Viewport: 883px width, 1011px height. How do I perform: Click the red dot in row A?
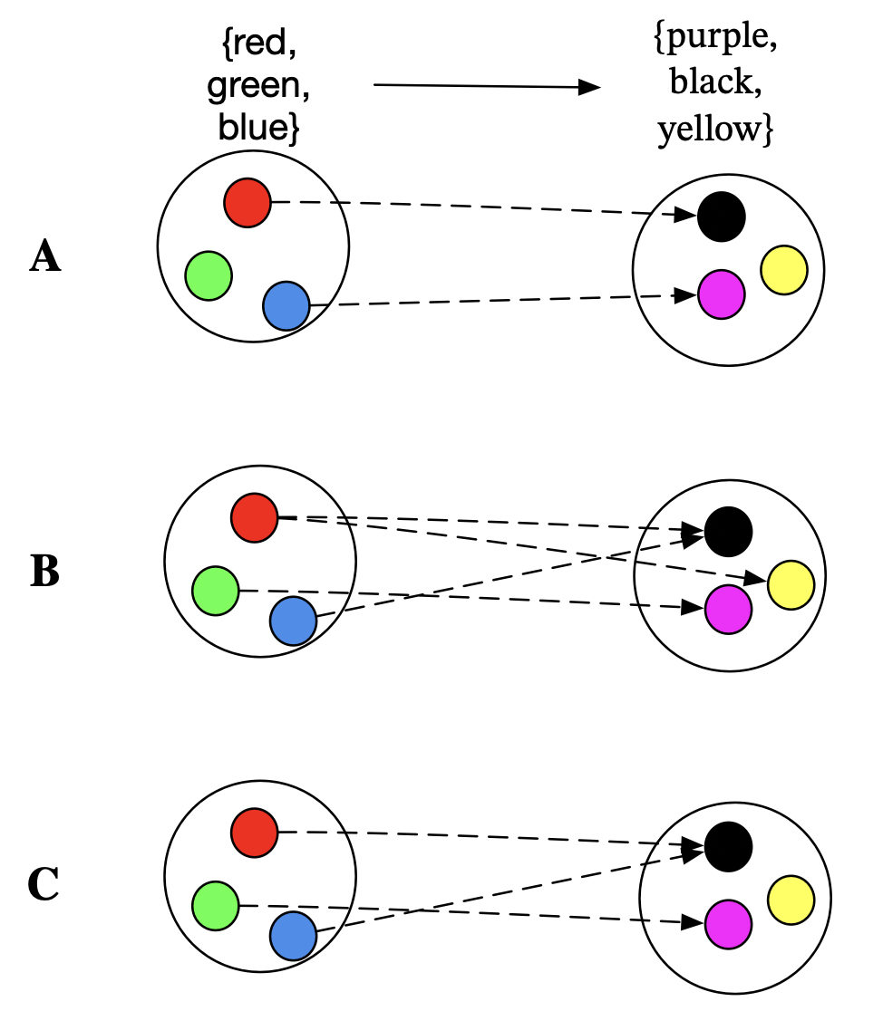tap(247, 203)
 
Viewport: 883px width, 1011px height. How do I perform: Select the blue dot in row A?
tap(286, 306)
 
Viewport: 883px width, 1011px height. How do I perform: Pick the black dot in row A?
tap(722, 217)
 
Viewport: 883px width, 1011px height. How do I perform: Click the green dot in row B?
tap(216, 591)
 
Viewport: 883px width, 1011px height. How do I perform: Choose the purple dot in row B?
tap(728, 609)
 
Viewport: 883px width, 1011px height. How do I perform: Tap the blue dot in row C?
tap(293, 936)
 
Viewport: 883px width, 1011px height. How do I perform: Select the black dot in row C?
tap(729, 844)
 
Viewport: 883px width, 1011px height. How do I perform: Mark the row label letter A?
tap(45, 258)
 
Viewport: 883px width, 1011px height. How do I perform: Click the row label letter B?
tap(45, 572)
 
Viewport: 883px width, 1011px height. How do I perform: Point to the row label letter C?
tap(44, 885)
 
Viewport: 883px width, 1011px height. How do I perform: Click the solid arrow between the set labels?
tap(487, 87)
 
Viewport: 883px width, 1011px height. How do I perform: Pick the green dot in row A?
tap(209, 275)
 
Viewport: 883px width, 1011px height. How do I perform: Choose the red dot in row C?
tap(255, 833)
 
